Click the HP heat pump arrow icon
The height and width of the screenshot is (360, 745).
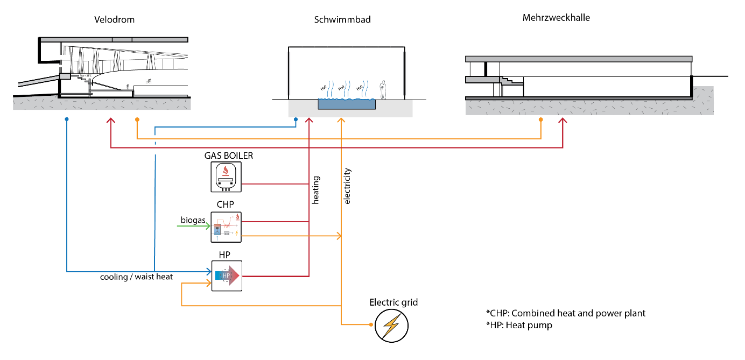227,276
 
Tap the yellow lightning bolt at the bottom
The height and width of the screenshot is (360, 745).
391,326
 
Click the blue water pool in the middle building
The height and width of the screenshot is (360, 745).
346,104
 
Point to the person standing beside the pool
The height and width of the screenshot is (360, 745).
383,90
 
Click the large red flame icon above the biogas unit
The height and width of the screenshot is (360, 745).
226,171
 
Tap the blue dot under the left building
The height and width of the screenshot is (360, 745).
67,119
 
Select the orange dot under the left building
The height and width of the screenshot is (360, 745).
137,119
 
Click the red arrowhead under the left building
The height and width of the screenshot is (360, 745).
111,121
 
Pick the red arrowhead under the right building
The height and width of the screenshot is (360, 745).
563,121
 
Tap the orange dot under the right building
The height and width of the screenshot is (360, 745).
540,119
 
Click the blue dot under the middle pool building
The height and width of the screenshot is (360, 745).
296,119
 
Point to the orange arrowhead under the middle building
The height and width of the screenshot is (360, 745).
341,120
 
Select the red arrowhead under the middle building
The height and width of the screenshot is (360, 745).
309,120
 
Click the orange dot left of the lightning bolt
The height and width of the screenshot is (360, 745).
371,324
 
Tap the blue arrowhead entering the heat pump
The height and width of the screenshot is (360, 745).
209,272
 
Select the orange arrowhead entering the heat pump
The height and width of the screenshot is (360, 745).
209,283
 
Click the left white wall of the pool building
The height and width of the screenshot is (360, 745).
289,74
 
